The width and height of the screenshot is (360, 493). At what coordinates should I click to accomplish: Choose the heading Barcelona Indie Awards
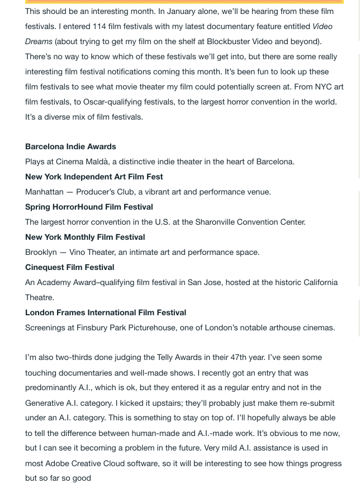click(x=70, y=146)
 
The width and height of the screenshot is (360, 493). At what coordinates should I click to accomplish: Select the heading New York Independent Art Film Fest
click(x=94, y=177)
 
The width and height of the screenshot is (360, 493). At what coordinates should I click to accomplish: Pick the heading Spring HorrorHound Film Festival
click(x=89, y=207)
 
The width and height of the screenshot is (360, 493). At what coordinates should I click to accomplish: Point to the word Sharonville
click(x=219, y=222)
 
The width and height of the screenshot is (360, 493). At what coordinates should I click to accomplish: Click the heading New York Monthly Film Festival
click(x=85, y=237)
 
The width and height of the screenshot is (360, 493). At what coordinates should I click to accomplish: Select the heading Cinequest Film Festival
click(x=70, y=267)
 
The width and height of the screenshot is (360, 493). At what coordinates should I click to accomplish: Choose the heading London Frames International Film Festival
click(x=106, y=312)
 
